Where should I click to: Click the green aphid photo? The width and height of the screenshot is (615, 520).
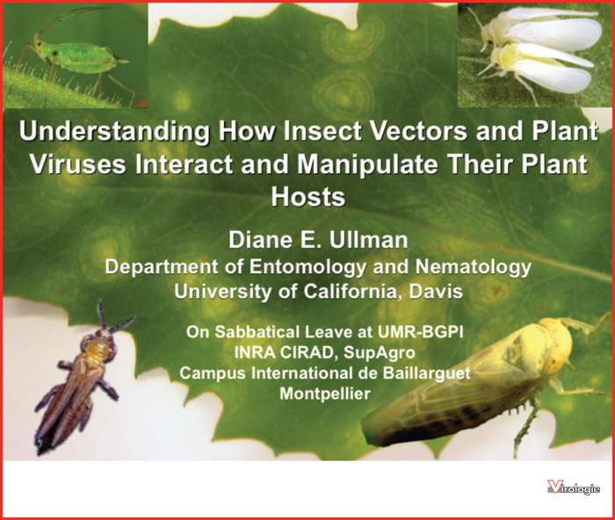pyautogui.click(x=76, y=55)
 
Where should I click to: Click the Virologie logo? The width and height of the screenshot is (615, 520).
pyautogui.click(x=574, y=487)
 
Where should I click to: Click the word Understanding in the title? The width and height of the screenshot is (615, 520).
pyautogui.click(x=114, y=132)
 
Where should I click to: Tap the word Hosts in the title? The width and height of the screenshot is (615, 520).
pyautogui.click(x=308, y=197)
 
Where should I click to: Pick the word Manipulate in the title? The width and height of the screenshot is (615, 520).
pyautogui.click(x=366, y=164)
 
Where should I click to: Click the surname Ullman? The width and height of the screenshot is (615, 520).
pyautogui.click(x=368, y=240)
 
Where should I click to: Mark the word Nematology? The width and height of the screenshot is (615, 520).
pyautogui.click(x=474, y=267)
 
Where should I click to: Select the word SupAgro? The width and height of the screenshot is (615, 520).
pyautogui.click(x=379, y=352)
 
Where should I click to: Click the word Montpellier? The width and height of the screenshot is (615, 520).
pyautogui.click(x=325, y=393)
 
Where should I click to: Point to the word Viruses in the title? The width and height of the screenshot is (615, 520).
pyautogui.click(x=78, y=164)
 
